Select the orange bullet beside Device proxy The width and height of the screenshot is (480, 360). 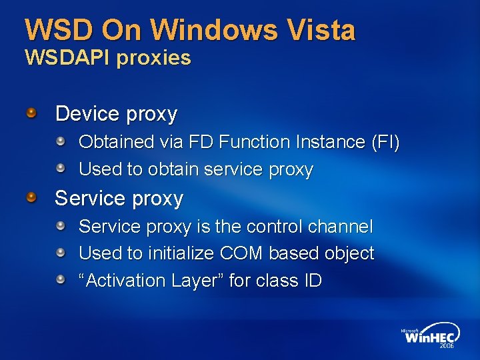(31, 113)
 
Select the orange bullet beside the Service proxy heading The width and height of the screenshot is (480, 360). (31, 197)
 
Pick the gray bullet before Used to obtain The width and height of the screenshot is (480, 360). (60, 169)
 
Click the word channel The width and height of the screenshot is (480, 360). (340, 227)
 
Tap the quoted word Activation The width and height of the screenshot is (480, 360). (121, 281)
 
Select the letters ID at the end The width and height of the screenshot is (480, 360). (313, 281)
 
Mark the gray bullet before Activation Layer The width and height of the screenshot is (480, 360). (60, 279)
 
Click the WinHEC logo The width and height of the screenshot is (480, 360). (429, 338)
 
